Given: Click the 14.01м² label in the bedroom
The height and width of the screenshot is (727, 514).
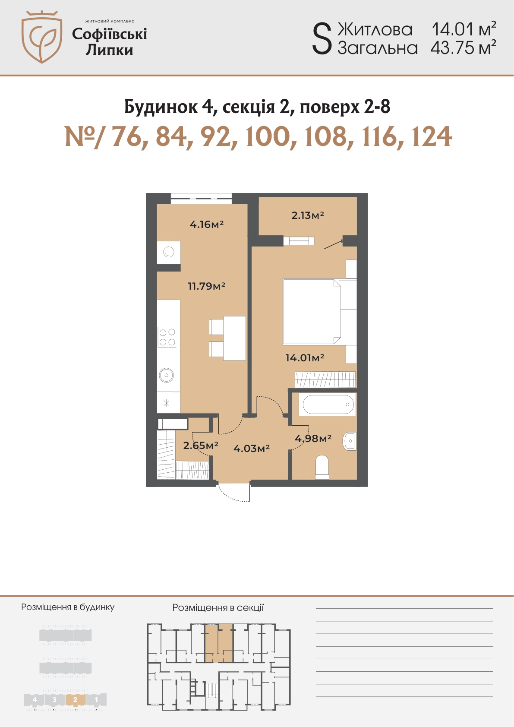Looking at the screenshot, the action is click(305, 357).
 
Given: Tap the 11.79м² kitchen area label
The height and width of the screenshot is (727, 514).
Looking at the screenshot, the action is click(207, 286).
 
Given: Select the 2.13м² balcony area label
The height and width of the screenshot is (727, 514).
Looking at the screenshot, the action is click(308, 215).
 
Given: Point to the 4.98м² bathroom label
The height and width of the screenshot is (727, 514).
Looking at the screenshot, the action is click(313, 439).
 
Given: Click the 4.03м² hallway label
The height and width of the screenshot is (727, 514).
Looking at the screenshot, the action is click(252, 449).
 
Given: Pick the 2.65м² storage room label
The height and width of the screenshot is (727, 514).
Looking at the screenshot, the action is click(201, 445).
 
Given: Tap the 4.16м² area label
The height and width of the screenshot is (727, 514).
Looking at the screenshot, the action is click(207, 224).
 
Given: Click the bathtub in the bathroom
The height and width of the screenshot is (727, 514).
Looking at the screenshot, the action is click(328, 405).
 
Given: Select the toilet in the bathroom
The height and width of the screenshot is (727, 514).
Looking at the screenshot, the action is click(322, 467).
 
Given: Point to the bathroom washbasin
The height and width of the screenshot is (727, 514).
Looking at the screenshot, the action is click(350, 441).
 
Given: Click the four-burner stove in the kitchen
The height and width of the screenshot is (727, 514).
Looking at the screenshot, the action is click(167, 337).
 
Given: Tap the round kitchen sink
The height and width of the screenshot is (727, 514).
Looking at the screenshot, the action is click(166, 376).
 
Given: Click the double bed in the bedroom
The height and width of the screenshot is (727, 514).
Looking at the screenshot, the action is click(320, 311).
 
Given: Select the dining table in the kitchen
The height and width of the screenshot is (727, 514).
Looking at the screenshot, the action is click(234, 338).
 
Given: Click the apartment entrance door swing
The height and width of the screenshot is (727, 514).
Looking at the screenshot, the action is click(233, 493).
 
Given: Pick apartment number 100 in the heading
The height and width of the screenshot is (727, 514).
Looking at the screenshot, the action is click(267, 137).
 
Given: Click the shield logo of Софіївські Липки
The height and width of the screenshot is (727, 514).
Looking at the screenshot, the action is click(42, 37).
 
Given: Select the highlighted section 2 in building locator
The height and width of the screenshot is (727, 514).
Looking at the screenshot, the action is click(75, 700).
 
